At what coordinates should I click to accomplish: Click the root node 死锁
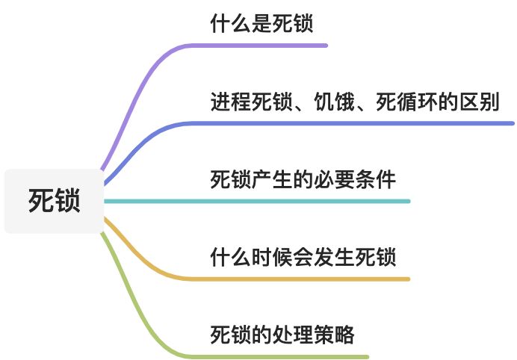54,201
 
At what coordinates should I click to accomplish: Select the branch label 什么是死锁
261,24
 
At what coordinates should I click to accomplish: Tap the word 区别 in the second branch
479,102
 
